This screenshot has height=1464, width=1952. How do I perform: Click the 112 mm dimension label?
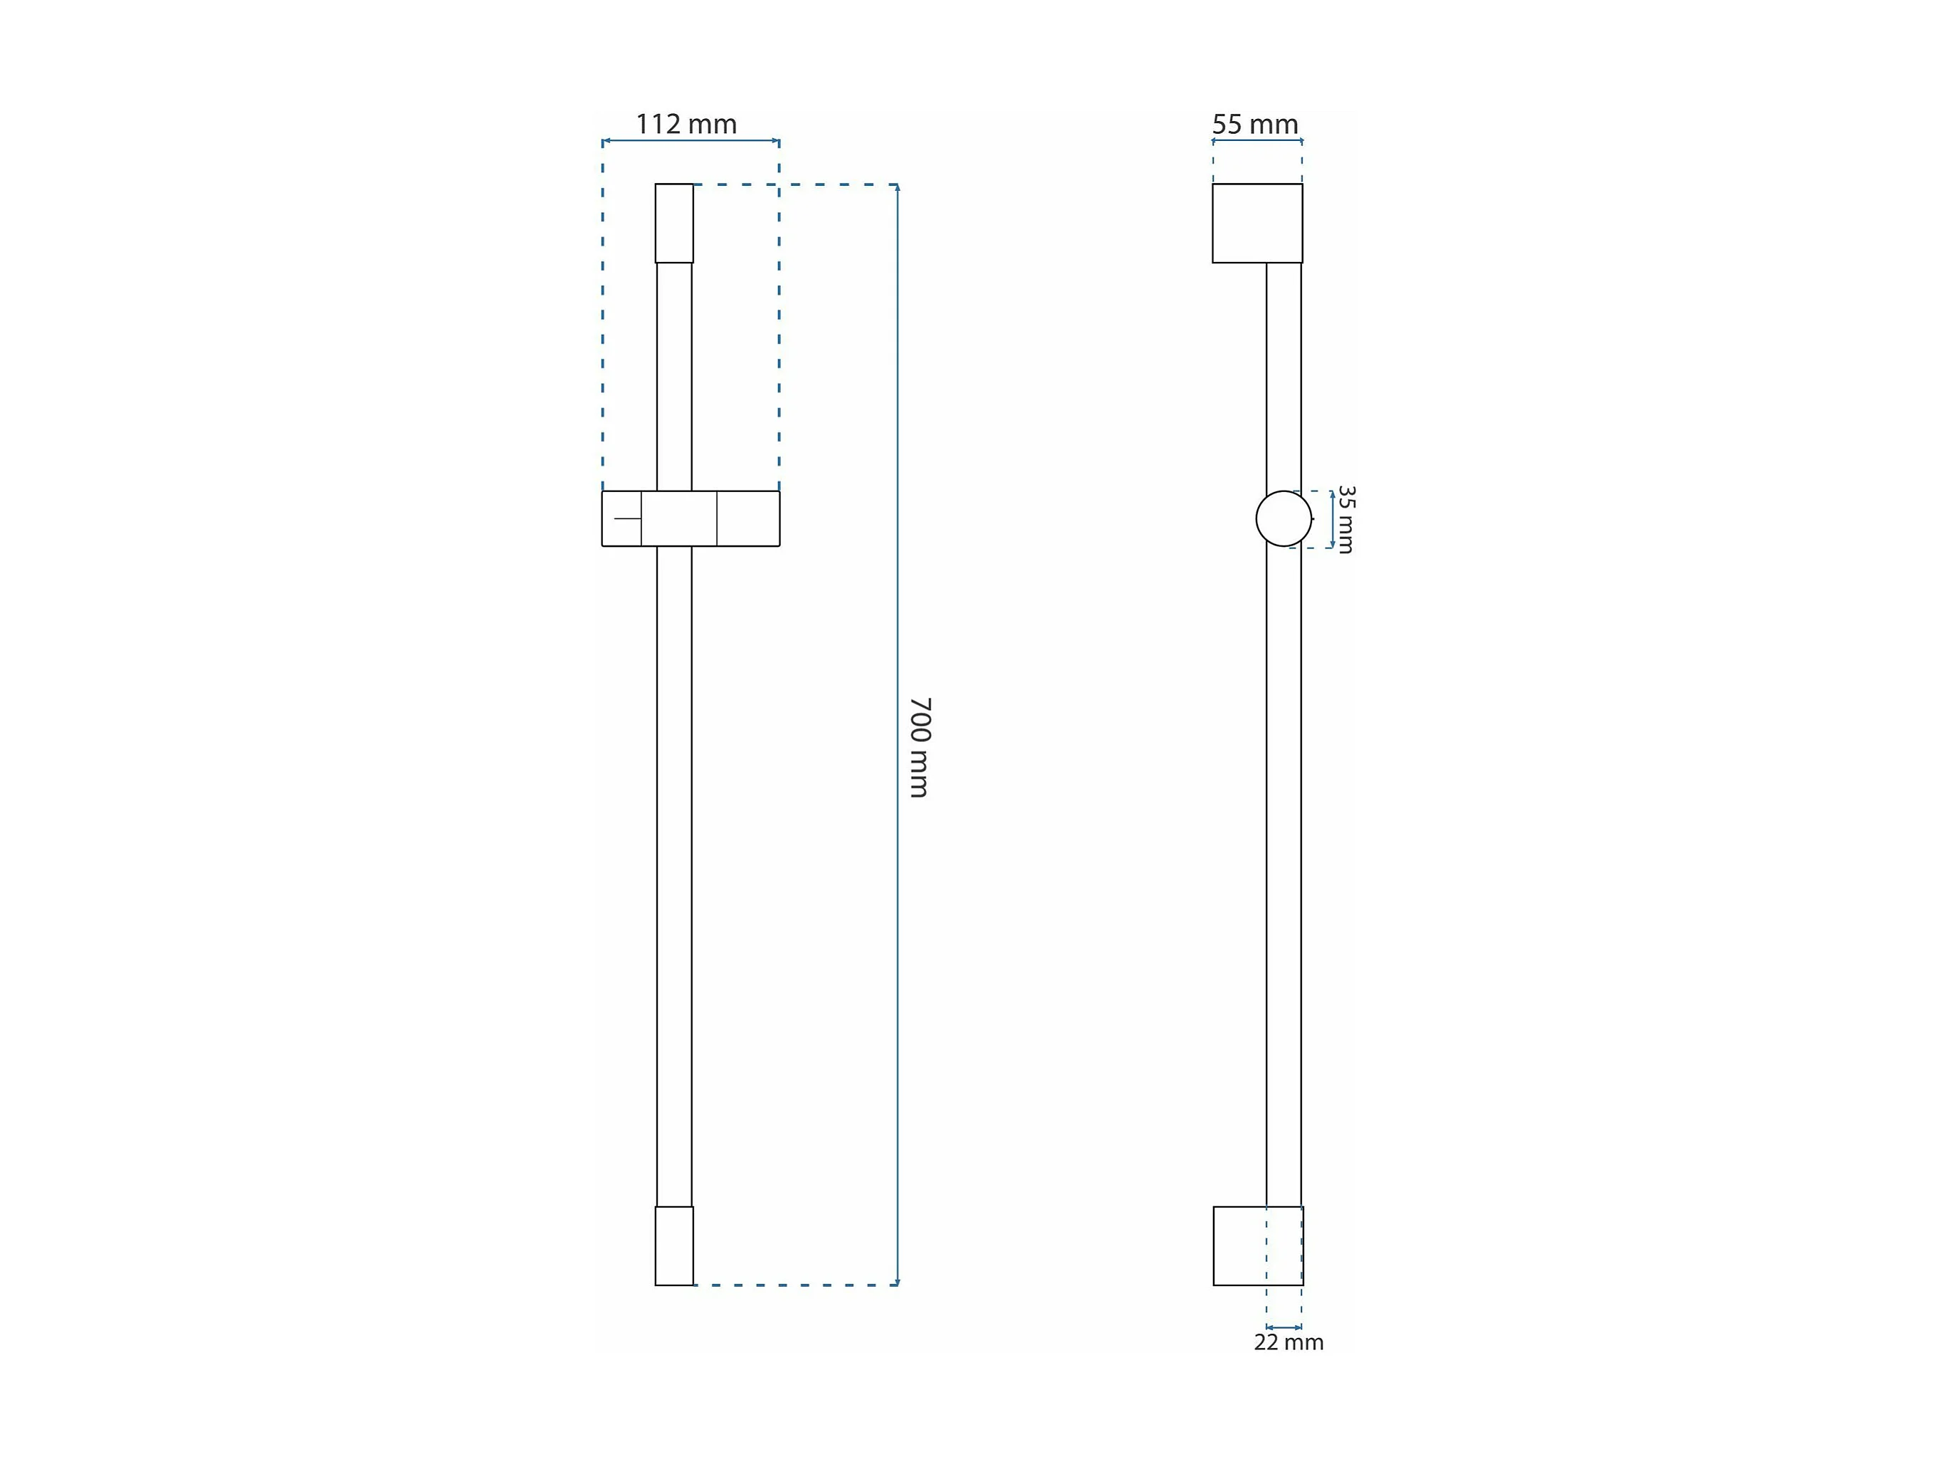[x=686, y=125]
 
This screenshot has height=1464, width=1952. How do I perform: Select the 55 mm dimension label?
[x=1255, y=125]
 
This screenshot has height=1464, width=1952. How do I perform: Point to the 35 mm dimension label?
[x=1345, y=519]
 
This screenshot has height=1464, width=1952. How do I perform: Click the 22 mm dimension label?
[x=1289, y=1342]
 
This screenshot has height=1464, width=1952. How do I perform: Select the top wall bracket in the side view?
[x=1257, y=224]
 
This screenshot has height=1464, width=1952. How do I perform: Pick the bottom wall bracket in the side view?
[x=1257, y=1245]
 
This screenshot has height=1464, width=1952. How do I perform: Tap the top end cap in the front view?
[x=674, y=224]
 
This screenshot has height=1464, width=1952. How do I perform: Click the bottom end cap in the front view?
[x=674, y=1245]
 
